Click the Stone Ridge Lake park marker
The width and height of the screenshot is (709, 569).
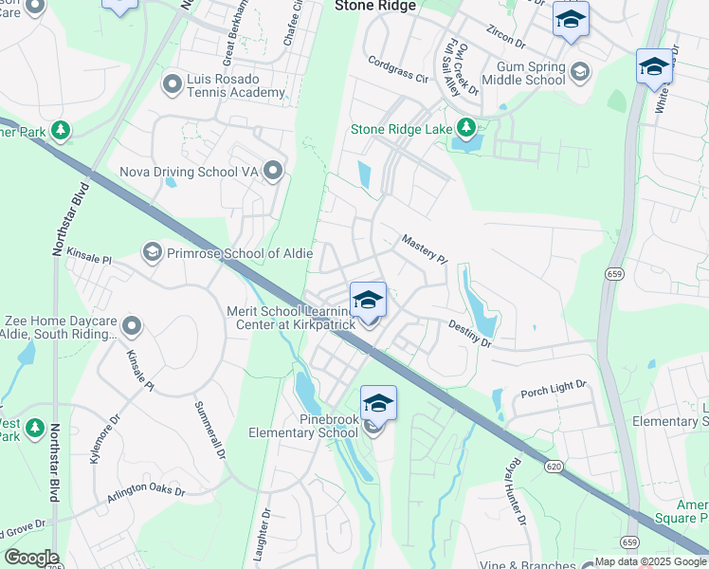pyautogui.click(x=465, y=128)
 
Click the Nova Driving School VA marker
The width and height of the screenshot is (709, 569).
pyautogui.click(x=274, y=172)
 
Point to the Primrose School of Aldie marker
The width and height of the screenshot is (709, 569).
pyautogui.click(x=152, y=252)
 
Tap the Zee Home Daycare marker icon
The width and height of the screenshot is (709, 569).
pyautogui.click(x=132, y=327)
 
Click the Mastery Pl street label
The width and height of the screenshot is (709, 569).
pyautogui.click(x=424, y=249)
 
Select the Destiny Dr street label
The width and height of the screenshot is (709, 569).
pyautogui.click(x=470, y=334)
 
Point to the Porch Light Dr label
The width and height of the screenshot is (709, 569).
pyautogui.click(x=554, y=389)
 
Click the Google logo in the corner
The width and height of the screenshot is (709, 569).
pyautogui.click(x=31, y=558)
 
